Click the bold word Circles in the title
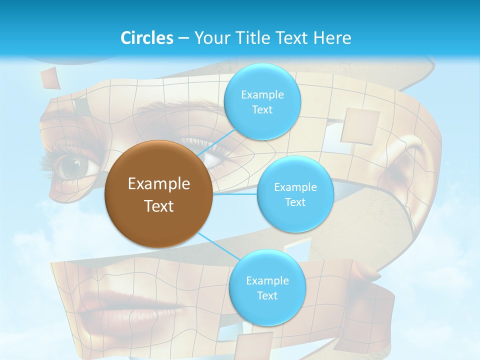(147, 38)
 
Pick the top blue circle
(262, 101)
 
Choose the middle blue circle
(295, 194)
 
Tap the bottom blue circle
(267, 287)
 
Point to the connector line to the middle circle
(235, 194)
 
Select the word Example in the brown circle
(159, 184)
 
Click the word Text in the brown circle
(159, 206)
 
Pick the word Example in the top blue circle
(262, 94)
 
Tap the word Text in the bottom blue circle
(267, 295)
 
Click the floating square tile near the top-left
(50, 78)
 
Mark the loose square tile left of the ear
(360, 125)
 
